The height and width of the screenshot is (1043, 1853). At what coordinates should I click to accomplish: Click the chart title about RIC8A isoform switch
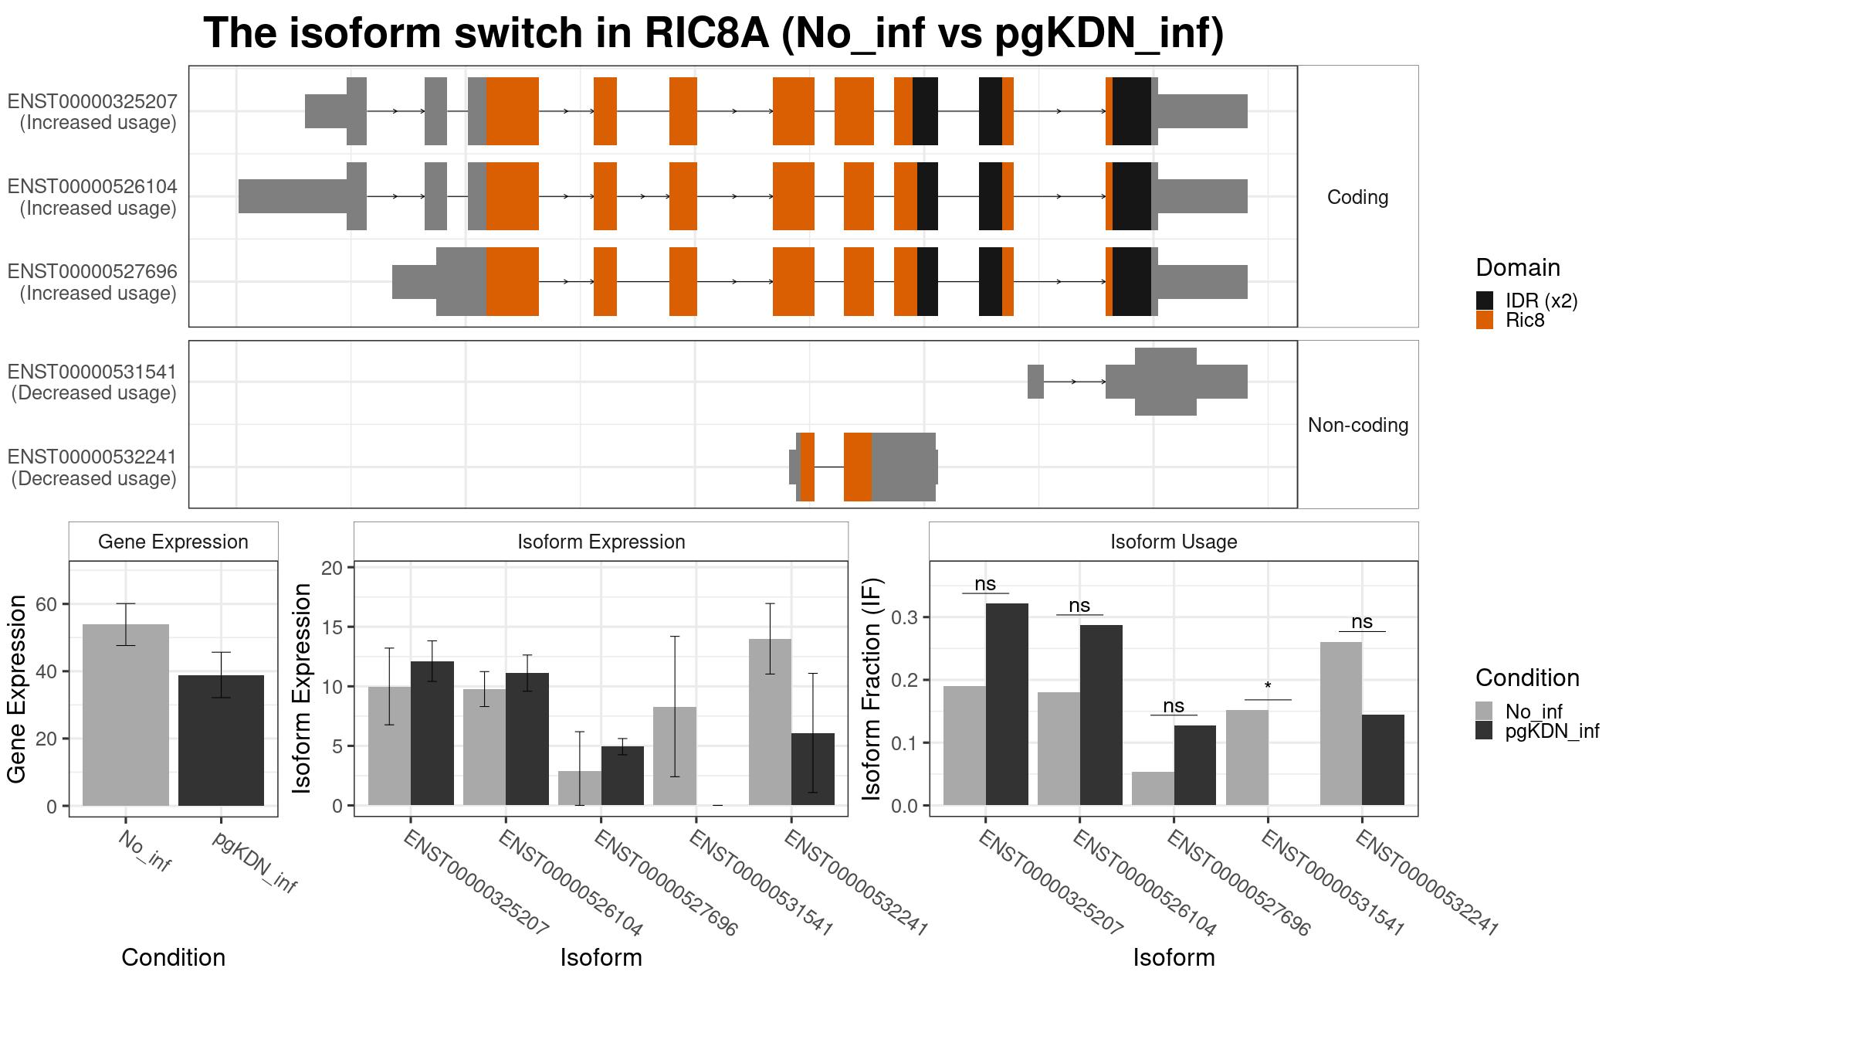[713, 34]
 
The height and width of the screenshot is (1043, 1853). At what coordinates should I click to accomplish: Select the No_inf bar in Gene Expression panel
[126, 715]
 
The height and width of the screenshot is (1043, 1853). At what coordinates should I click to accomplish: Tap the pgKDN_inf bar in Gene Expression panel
[221, 740]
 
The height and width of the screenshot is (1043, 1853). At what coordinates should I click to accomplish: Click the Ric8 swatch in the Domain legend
[1484, 320]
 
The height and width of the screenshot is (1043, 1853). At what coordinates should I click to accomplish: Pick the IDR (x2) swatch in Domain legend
[1484, 301]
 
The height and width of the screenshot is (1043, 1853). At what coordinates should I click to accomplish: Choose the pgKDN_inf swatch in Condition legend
[1484, 731]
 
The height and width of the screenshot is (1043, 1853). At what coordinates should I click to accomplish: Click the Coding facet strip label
[1357, 197]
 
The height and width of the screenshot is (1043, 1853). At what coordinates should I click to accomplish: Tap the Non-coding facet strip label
[1358, 425]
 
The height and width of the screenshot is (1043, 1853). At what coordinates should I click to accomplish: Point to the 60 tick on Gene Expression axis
[46, 604]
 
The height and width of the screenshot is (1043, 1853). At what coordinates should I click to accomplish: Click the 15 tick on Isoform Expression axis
[331, 627]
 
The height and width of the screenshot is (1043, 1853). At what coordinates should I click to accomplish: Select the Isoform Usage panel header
[1174, 542]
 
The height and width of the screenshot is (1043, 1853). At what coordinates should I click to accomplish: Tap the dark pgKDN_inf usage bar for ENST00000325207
[1007, 705]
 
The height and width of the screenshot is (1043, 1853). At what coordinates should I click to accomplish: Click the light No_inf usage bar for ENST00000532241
[1341, 724]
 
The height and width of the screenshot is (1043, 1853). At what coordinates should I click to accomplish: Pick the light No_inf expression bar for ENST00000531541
[675, 756]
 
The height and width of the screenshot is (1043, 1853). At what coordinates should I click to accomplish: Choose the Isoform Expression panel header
[601, 542]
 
